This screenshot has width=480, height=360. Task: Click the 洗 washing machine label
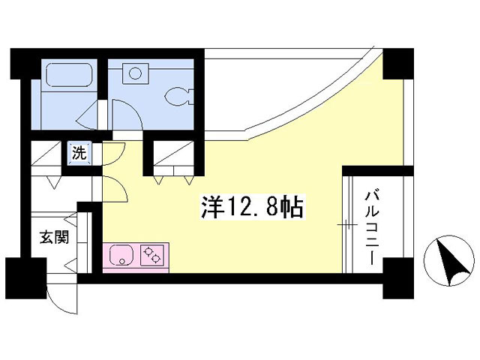[79, 153]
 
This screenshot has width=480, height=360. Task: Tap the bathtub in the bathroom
[68, 76]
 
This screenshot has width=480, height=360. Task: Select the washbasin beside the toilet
[136, 73]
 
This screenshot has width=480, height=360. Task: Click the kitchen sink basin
[121, 255]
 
